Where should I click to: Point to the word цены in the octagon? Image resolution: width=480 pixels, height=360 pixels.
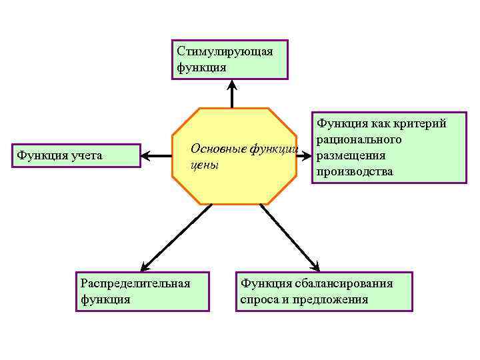(x=204, y=165)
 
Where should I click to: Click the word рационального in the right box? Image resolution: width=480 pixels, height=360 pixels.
(x=359, y=139)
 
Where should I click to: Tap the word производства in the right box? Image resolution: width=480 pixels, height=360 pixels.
(x=355, y=171)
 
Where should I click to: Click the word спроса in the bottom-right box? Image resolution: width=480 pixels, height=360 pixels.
(x=259, y=299)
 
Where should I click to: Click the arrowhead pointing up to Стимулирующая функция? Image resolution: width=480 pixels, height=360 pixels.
(x=232, y=85)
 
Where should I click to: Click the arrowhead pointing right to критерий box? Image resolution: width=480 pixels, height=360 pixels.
(x=307, y=156)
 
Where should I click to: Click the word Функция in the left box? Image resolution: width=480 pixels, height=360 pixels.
(x=41, y=155)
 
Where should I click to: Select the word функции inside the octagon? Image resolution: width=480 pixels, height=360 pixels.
(x=273, y=148)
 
